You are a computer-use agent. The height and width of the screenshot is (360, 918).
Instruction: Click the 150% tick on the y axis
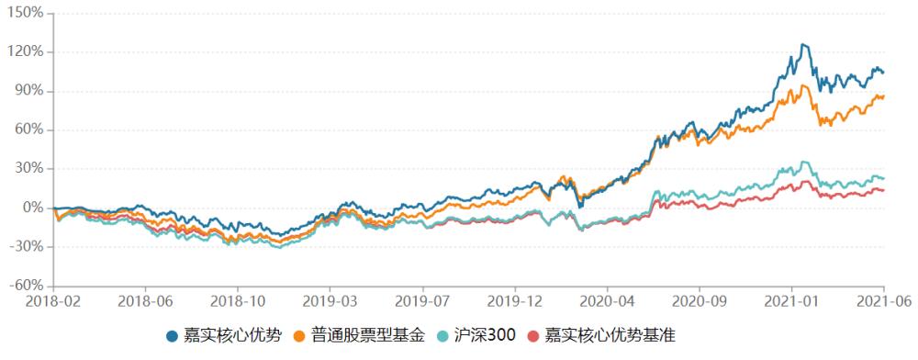point(28,13)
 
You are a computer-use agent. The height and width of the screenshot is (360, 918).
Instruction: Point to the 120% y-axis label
point(28,51)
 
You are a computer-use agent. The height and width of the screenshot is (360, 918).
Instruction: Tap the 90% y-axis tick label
point(30,91)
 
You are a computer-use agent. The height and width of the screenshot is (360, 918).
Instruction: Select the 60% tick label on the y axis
point(30,129)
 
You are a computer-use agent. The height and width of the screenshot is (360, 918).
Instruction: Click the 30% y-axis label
point(30,169)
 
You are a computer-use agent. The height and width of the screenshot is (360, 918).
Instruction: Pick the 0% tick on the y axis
point(34,208)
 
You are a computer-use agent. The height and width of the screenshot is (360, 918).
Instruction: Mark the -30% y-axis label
point(28,247)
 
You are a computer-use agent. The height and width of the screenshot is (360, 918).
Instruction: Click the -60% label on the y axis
point(28,286)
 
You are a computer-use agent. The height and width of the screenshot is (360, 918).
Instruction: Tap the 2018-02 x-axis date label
point(53,300)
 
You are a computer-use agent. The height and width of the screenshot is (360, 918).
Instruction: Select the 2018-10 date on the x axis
point(238,300)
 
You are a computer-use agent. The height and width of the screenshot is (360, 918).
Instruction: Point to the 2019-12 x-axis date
point(516,300)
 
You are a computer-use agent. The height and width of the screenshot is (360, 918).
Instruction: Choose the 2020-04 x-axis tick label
point(606,300)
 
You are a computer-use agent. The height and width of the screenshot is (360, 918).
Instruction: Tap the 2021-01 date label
point(791,300)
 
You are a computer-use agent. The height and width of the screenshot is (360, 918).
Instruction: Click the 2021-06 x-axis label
point(883,300)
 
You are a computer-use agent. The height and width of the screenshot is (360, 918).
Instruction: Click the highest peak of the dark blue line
point(803,44)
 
